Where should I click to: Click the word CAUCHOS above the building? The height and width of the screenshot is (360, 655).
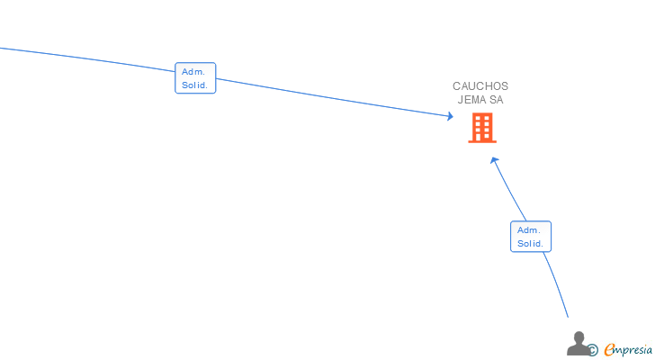click(480, 86)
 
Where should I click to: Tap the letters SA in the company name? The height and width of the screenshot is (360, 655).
click(497, 100)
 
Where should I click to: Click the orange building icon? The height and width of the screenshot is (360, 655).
click(482, 129)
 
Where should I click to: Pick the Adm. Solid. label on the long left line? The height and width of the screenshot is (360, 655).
click(195, 78)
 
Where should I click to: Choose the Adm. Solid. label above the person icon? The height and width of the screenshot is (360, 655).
click(531, 237)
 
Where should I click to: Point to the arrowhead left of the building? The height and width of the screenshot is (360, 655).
click(450, 116)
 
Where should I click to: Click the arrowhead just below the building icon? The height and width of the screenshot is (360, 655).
click(494, 161)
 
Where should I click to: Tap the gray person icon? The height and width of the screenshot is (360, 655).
click(579, 344)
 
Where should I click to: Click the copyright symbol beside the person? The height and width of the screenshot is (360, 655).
click(593, 350)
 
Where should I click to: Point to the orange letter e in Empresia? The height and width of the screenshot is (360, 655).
click(609, 349)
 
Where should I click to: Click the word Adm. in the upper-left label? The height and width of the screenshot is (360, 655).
click(193, 71)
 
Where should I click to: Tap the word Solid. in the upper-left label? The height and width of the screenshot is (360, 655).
click(195, 85)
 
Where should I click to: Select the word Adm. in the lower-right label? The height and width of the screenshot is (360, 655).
click(529, 229)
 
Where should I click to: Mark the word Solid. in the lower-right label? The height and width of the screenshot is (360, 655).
click(531, 244)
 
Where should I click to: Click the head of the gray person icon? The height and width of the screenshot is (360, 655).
click(579, 337)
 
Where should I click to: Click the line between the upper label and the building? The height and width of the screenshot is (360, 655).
click(333, 97)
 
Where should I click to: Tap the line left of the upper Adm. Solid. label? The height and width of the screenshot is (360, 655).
click(90, 57)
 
